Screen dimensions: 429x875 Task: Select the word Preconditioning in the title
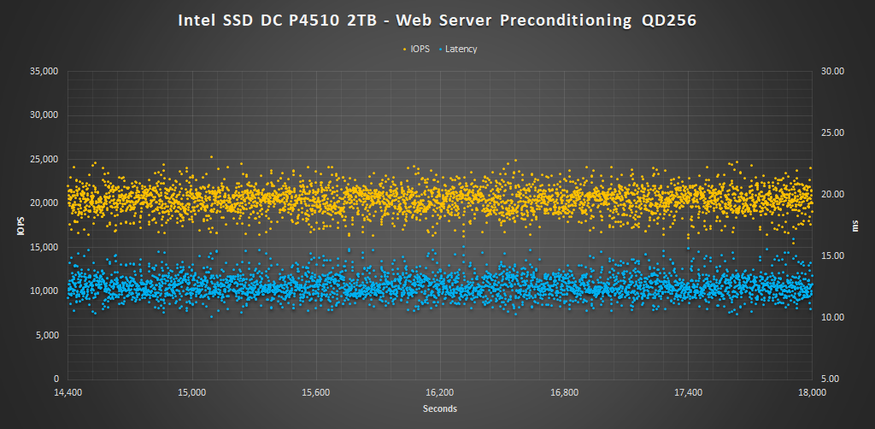559,21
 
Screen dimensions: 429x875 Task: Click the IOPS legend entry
420,49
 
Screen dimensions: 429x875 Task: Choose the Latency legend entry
461,49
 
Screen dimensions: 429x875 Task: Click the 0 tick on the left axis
56,379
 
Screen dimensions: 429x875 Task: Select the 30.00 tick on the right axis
832,71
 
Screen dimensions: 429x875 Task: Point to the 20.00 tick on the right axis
832,194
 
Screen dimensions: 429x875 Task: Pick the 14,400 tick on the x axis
68,393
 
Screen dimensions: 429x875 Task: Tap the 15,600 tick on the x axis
316,393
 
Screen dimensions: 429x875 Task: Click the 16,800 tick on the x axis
564,393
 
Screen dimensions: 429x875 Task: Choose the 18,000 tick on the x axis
812,393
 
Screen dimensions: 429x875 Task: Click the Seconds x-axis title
440,408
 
